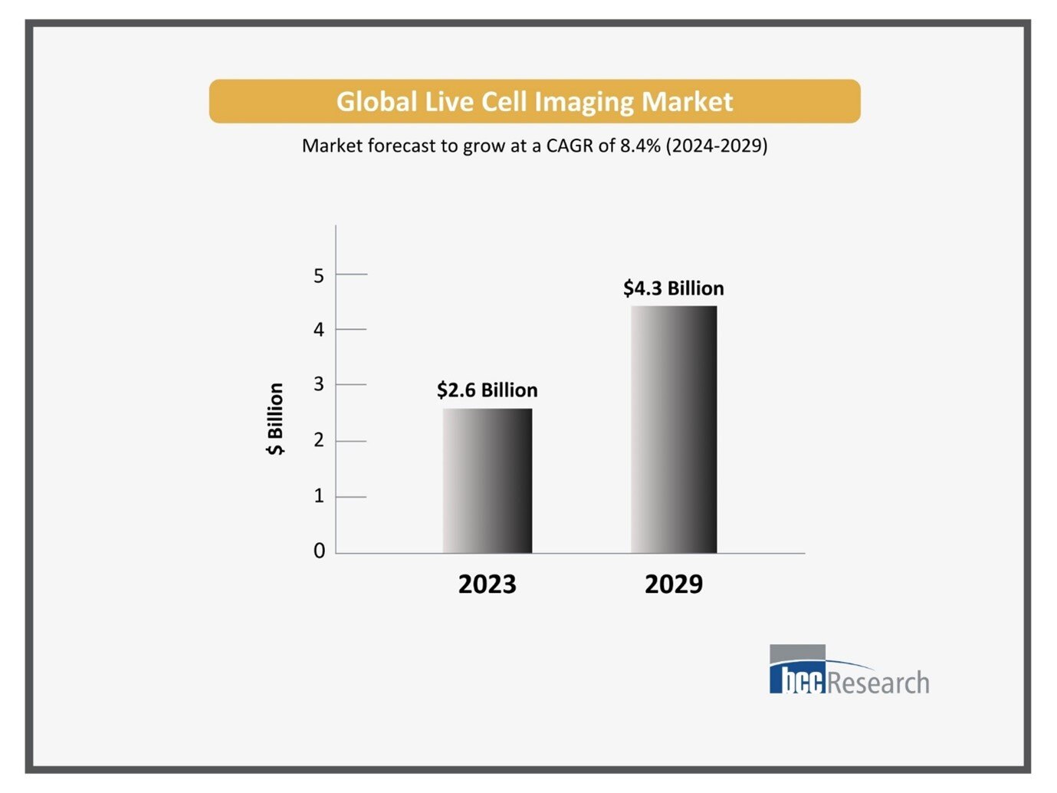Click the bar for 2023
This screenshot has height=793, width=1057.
pyautogui.click(x=487, y=481)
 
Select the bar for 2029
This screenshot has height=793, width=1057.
pyautogui.click(x=674, y=429)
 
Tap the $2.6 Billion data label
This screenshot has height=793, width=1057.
pyautogui.click(x=487, y=390)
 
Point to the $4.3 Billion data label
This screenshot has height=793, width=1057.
pyautogui.click(x=673, y=288)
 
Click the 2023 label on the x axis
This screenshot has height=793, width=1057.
pyautogui.click(x=487, y=584)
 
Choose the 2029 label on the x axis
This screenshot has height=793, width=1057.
pyautogui.click(x=673, y=584)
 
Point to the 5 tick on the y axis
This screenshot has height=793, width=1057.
pyautogui.click(x=319, y=275)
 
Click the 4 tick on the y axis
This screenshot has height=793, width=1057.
pyautogui.click(x=319, y=330)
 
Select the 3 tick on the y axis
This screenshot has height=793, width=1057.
pyautogui.click(x=319, y=384)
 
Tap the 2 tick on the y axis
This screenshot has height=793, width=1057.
pyautogui.click(x=319, y=440)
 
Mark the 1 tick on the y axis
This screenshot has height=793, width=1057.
pyautogui.click(x=319, y=496)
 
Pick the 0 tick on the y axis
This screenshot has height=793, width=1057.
pyautogui.click(x=319, y=551)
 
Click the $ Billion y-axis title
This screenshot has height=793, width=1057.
pyautogui.click(x=275, y=419)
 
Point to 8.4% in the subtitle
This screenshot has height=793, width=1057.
pyautogui.click(x=639, y=146)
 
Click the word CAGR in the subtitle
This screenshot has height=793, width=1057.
pyautogui.click(x=570, y=146)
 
